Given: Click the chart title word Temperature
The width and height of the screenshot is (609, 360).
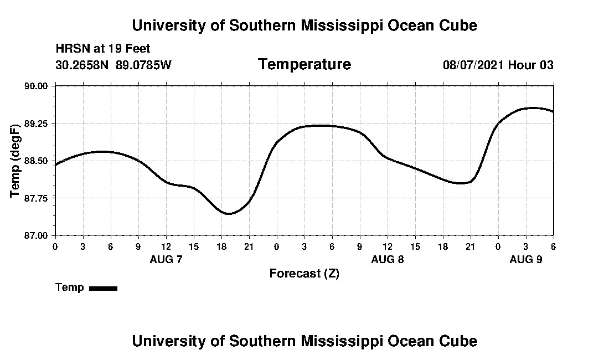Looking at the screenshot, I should pos(304,65).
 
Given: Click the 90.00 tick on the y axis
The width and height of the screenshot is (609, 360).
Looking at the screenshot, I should pos(37,86).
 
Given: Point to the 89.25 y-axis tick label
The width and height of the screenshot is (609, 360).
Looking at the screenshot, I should pos(37,123).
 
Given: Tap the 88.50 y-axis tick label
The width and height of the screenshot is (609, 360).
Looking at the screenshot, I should pos(37,161).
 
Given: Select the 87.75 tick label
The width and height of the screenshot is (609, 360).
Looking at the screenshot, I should pos(37,198).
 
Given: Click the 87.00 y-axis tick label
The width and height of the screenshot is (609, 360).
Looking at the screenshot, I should pos(37,235).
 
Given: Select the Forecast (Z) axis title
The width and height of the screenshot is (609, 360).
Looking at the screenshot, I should pos(304,274).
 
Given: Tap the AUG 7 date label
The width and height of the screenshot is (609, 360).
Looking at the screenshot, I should pos(166,259).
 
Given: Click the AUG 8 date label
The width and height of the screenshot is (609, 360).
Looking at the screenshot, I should pos(388,259).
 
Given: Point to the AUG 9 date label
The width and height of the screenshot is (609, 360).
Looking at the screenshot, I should pos(526,259).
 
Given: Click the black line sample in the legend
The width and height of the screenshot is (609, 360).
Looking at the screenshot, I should pos(103,288).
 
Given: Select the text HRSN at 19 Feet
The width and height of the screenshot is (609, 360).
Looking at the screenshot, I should pos(103,49).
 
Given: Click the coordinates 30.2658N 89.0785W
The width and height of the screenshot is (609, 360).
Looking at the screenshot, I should pos(113,65).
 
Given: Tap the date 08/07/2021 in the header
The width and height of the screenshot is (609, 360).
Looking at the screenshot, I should pos(473,65).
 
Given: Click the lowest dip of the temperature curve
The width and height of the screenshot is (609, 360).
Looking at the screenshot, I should pos(228,213).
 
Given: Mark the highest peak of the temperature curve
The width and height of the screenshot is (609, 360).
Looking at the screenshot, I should pos(533,108).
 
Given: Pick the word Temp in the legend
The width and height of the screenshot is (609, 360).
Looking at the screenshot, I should pos(70,287).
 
